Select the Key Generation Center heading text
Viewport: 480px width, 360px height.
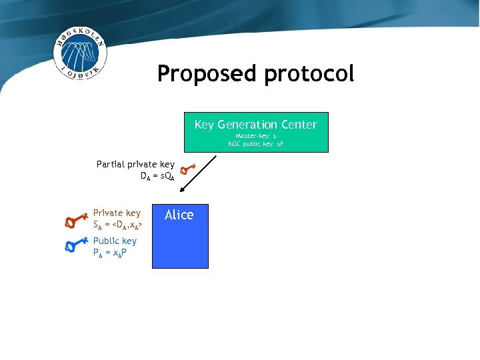click(255, 125)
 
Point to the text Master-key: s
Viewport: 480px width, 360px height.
click(255, 135)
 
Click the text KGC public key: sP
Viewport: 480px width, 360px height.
click(255, 143)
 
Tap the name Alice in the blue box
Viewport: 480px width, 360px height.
click(179, 215)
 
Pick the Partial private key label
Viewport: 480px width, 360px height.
click(135, 164)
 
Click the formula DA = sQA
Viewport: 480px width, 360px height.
click(157, 177)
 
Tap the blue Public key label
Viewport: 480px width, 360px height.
click(115, 241)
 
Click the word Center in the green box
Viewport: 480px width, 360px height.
click(301, 125)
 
